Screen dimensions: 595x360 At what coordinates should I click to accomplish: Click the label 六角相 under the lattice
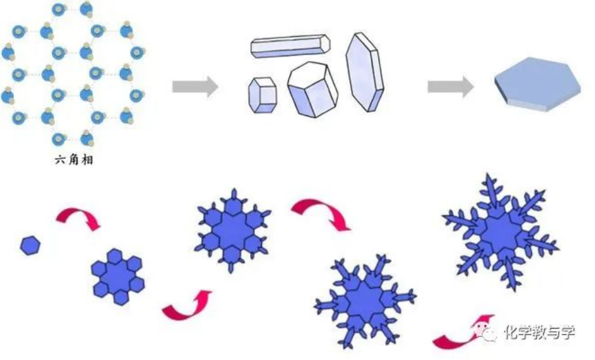click(74, 159)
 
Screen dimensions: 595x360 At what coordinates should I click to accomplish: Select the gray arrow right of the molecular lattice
click(195, 87)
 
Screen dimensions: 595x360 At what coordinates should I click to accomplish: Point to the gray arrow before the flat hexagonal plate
click(451, 87)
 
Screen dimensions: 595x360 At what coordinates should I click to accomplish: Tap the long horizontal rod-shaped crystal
click(290, 47)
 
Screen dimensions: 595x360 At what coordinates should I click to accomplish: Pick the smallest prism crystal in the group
click(262, 95)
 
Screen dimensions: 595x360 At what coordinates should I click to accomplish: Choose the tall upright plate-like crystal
click(364, 72)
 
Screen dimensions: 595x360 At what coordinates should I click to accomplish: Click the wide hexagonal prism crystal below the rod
click(313, 89)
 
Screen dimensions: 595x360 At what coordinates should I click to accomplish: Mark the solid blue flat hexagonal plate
click(537, 84)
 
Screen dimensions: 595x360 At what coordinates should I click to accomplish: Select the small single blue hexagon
click(30, 245)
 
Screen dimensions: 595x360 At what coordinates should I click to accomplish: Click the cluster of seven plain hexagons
click(118, 276)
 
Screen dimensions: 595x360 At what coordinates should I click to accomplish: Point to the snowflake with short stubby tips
click(232, 230)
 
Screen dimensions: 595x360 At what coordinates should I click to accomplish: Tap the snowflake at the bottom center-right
click(365, 300)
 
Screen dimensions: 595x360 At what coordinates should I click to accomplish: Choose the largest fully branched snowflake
click(501, 231)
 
